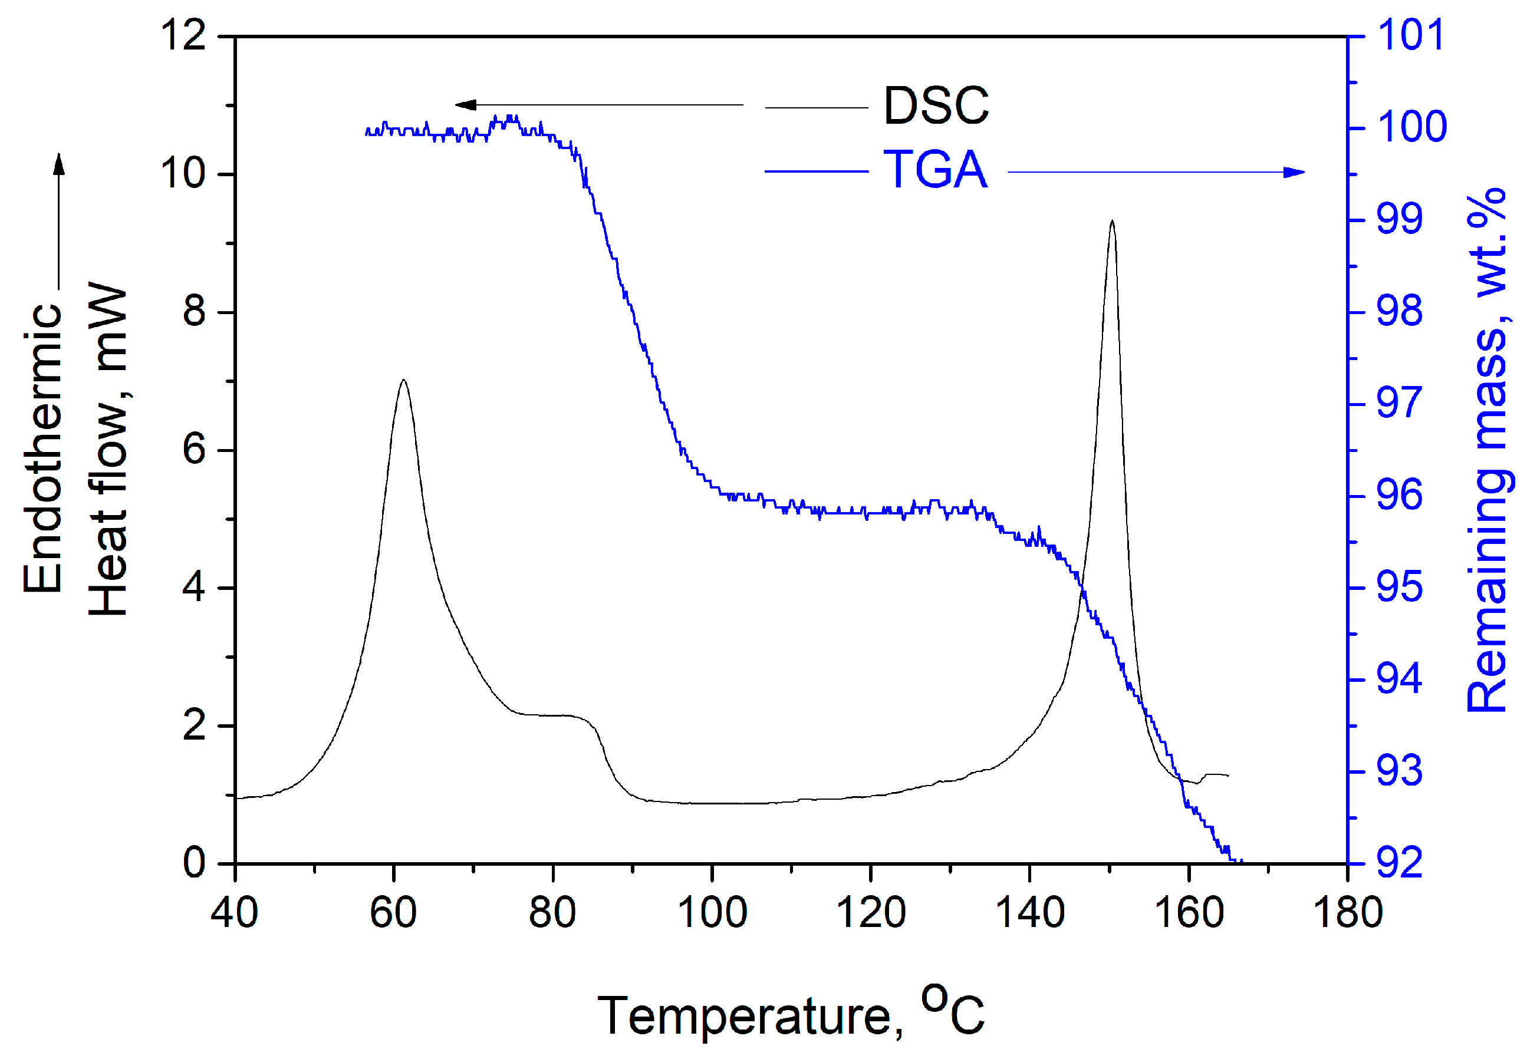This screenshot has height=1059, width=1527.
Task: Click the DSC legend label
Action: pyautogui.click(x=936, y=106)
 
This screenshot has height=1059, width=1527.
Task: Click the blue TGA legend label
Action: pyautogui.click(x=934, y=170)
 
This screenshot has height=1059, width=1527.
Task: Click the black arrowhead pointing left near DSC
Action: pyautogui.click(x=465, y=105)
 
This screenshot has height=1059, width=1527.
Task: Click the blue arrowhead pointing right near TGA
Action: pyautogui.click(x=1294, y=173)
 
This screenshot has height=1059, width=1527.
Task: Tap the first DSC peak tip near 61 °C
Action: pyautogui.click(x=403, y=381)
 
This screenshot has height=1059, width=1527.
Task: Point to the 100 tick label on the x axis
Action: pyautogui.click(x=712, y=912)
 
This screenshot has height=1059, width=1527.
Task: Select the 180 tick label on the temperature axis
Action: pyautogui.click(x=1347, y=912)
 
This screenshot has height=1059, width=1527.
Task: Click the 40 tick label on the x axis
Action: pyautogui.click(x=234, y=912)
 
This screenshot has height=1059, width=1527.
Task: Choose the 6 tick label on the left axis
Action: pyautogui.click(x=194, y=451)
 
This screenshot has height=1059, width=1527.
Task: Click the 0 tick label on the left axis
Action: pyautogui.click(x=194, y=863)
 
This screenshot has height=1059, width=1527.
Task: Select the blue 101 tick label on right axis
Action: pyautogui.click(x=1411, y=35)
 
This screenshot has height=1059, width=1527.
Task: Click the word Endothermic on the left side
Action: pyautogui.click(x=42, y=448)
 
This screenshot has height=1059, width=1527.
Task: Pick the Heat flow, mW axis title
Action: pyautogui.click(x=107, y=451)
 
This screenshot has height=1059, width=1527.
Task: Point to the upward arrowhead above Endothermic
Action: pyautogui.click(x=59, y=163)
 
